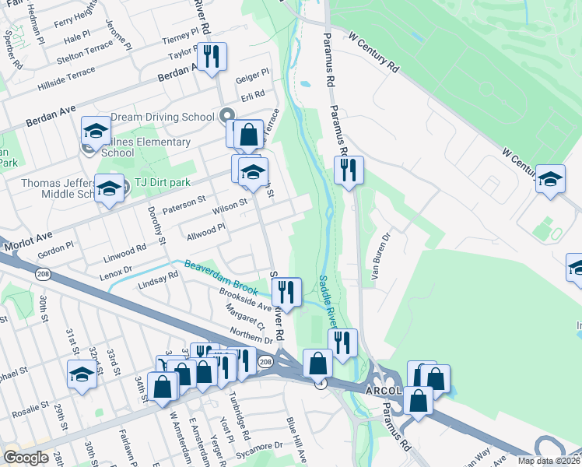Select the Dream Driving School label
[x=162, y=117]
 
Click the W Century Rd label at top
[x=374, y=53]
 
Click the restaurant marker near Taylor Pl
[x=211, y=57]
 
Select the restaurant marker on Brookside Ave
[x=286, y=292]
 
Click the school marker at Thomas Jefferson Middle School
[x=109, y=188]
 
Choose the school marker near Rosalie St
[x=82, y=374]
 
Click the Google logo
[x=26, y=458]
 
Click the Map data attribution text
[x=549, y=461]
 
